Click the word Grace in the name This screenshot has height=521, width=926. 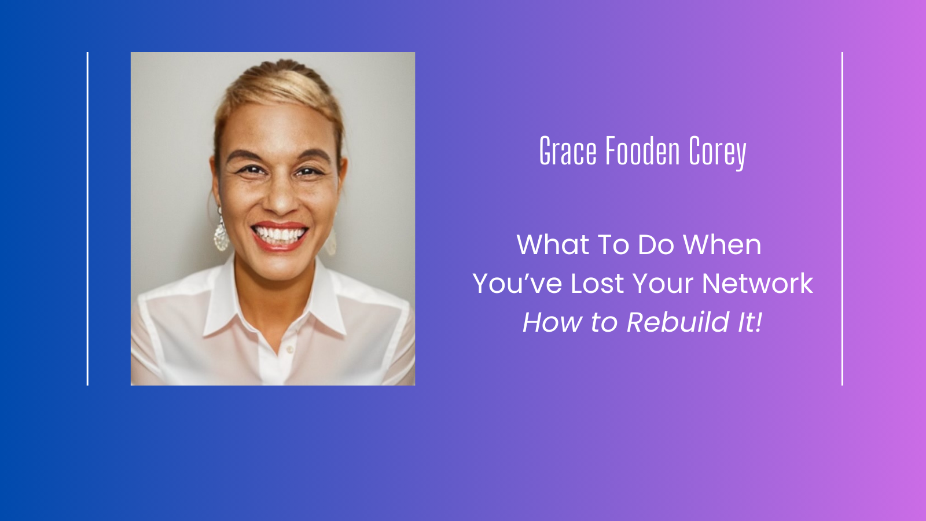pyautogui.click(x=568, y=151)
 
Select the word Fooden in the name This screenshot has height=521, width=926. pyautogui.click(x=643, y=151)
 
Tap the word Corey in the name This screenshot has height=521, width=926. pyautogui.click(x=718, y=153)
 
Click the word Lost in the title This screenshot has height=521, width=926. pyautogui.click(x=597, y=283)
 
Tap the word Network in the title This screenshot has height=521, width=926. pyautogui.click(x=758, y=283)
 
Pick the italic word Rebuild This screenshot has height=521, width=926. pyautogui.click(x=678, y=322)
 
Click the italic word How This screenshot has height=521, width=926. pyautogui.click(x=552, y=322)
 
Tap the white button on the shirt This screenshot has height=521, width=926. pyautogui.click(x=290, y=350)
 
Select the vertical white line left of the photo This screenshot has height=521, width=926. pyautogui.click(x=87, y=219)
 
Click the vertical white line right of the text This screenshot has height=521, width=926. pyautogui.click(x=842, y=219)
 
